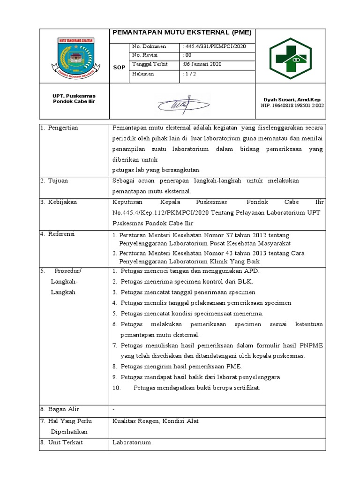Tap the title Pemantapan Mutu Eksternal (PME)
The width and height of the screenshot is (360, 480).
(x=182, y=33)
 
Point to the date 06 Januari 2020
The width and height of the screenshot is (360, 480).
(x=202, y=64)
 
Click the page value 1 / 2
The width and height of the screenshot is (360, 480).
(x=189, y=74)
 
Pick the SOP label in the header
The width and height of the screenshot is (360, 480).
(x=119, y=67)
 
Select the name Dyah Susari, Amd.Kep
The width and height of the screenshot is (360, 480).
(x=291, y=100)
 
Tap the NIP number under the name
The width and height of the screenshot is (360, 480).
(x=292, y=105)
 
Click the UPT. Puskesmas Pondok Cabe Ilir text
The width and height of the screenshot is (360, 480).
(x=74, y=98)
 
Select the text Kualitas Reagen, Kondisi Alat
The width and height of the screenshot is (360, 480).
(x=156, y=421)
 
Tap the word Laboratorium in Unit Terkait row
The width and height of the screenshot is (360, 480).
(x=132, y=442)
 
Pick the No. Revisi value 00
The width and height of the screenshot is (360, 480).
(x=186, y=55)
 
